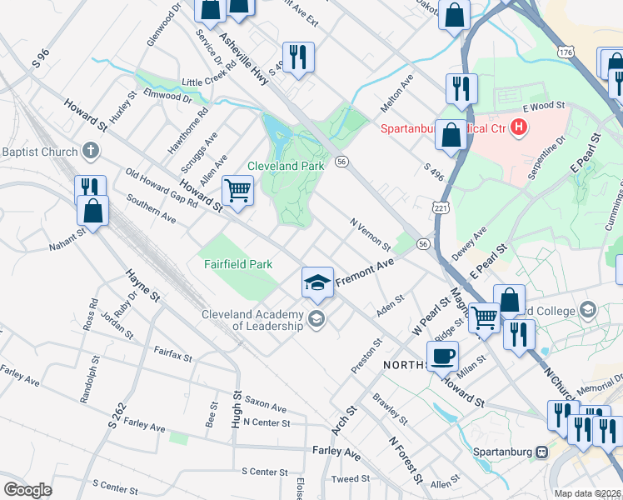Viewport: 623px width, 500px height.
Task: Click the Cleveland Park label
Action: pyautogui.click(x=286, y=166)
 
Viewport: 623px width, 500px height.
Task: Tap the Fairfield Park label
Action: pyautogui.click(x=239, y=264)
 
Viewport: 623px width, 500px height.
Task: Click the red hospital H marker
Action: pyautogui.click(x=520, y=127)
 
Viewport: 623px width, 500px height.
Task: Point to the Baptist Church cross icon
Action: pyautogui.click(x=91, y=152)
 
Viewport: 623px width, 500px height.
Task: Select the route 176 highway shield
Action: pyautogui.click(x=566, y=52)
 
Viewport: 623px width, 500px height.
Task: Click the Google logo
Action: pyautogui.click(x=27, y=490)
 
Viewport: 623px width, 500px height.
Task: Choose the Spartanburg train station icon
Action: pyautogui.click(x=542, y=451)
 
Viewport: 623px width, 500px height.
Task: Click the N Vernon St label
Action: pyautogui.click(x=371, y=234)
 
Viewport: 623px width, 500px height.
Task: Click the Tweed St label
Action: pyautogui.click(x=350, y=478)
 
